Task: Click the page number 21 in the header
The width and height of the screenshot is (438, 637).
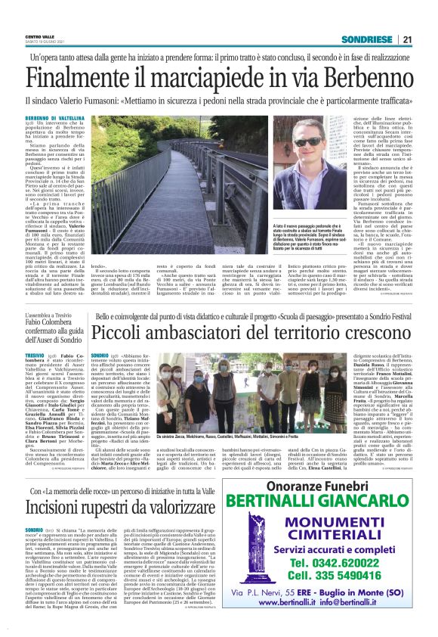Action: (x=407, y=39)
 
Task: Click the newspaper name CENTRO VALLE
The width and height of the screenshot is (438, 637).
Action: (x=39, y=36)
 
